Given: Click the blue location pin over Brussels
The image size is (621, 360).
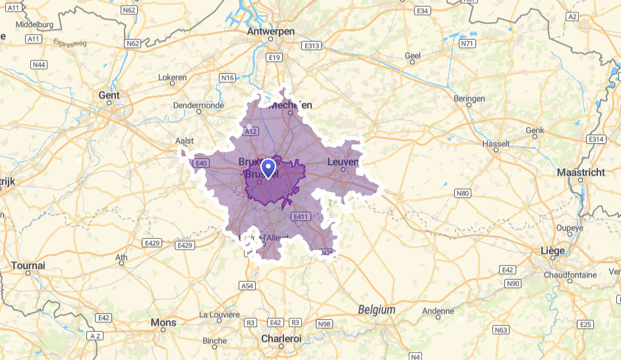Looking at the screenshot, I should click(268, 167).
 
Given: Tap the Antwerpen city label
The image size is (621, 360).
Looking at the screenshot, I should click(270, 31).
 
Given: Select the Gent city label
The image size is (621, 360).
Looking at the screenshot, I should click(109, 95).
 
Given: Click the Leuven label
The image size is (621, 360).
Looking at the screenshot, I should click(343, 161).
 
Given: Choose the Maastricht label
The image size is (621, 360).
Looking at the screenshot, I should click(580, 172).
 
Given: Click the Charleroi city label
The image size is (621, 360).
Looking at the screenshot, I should click(281, 338).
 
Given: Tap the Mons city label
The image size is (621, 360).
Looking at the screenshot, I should click(163, 322).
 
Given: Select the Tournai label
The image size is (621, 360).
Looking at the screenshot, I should click(28, 265).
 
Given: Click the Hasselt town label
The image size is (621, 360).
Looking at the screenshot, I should click(496, 143).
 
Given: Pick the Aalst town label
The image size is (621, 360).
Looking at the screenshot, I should click(185, 141).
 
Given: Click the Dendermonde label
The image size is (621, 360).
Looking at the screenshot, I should click(198, 105).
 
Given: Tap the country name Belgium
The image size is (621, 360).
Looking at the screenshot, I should click(376, 309).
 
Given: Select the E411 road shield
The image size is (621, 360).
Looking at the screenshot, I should click(302, 216).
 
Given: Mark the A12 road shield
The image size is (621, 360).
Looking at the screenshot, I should click(250, 132).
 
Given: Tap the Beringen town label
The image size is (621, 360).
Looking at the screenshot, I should click(469, 99).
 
